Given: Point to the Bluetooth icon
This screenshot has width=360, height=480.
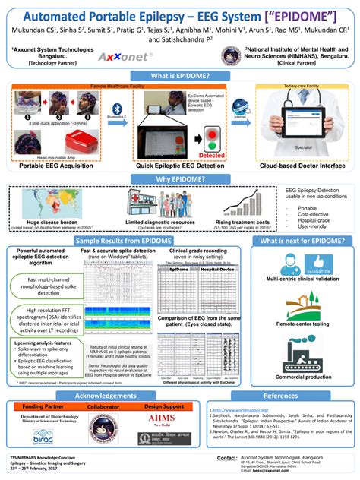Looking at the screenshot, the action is (115, 111).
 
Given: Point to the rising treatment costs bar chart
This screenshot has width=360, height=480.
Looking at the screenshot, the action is (243, 204).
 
